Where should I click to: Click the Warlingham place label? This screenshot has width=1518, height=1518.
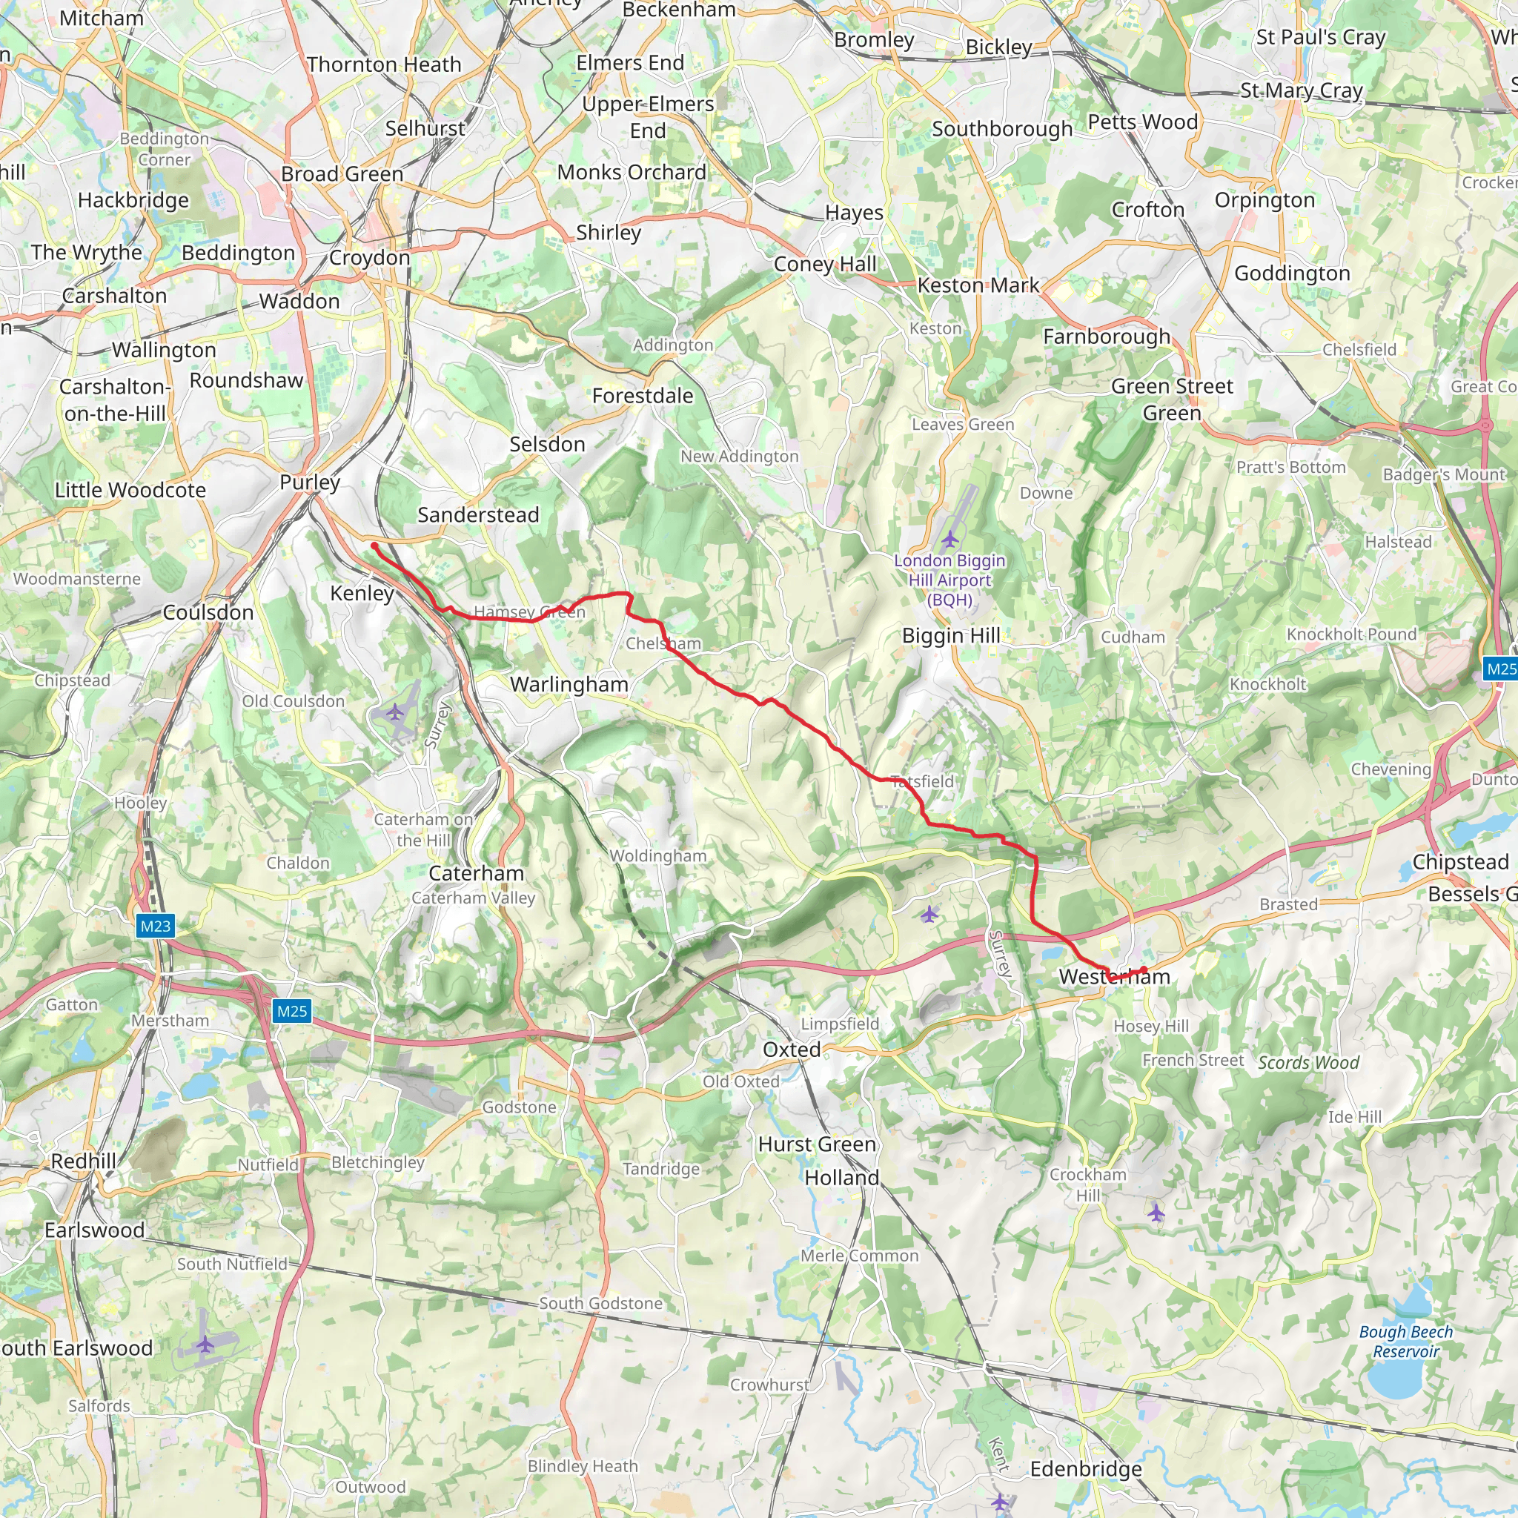pyautogui.click(x=569, y=684)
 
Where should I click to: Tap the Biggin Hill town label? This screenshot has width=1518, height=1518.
pyautogui.click(x=951, y=636)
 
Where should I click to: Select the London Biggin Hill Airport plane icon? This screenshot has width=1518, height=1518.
pyautogui.click(x=950, y=539)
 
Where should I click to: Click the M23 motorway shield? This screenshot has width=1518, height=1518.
pyautogui.click(x=155, y=926)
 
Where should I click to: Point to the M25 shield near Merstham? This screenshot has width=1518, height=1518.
pyautogui.click(x=291, y=1011)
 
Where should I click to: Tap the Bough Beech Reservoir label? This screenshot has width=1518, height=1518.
pyautogui.click(x=1405, y=1341)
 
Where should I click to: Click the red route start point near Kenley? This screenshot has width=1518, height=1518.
pyautogui.click(x=375, y=546)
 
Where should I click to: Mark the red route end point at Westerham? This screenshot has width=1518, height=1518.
pyautogui.click(x=1144, y=970)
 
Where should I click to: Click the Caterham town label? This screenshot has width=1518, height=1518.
pyautogui.click(x=476, y=873)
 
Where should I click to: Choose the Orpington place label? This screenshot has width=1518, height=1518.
pyautogui.click(x=1265, y=200)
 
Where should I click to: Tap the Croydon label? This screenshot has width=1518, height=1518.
pyautogui.click(x=369, y=258)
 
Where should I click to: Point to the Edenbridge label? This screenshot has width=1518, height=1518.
pyautogui.click(x=1086, y=1469)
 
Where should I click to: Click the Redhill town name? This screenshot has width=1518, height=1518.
pyautogui.click(x=83, y=1161)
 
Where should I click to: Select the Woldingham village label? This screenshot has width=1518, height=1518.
pyautogui.click(x=657, y=855)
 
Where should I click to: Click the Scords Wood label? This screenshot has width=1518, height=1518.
pyautogui.click(x=1308, y=1063)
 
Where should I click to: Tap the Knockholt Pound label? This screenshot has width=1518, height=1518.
pyautogui.click(x=1351, y=634)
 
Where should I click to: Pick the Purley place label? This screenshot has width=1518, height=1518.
pyautogui.click(x=310, y=482)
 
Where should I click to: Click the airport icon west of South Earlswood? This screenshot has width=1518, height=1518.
pyautogui.click(x=205, y=1345)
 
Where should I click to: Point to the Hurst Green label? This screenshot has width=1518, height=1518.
pyautogui.click(x=817, y=1144)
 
